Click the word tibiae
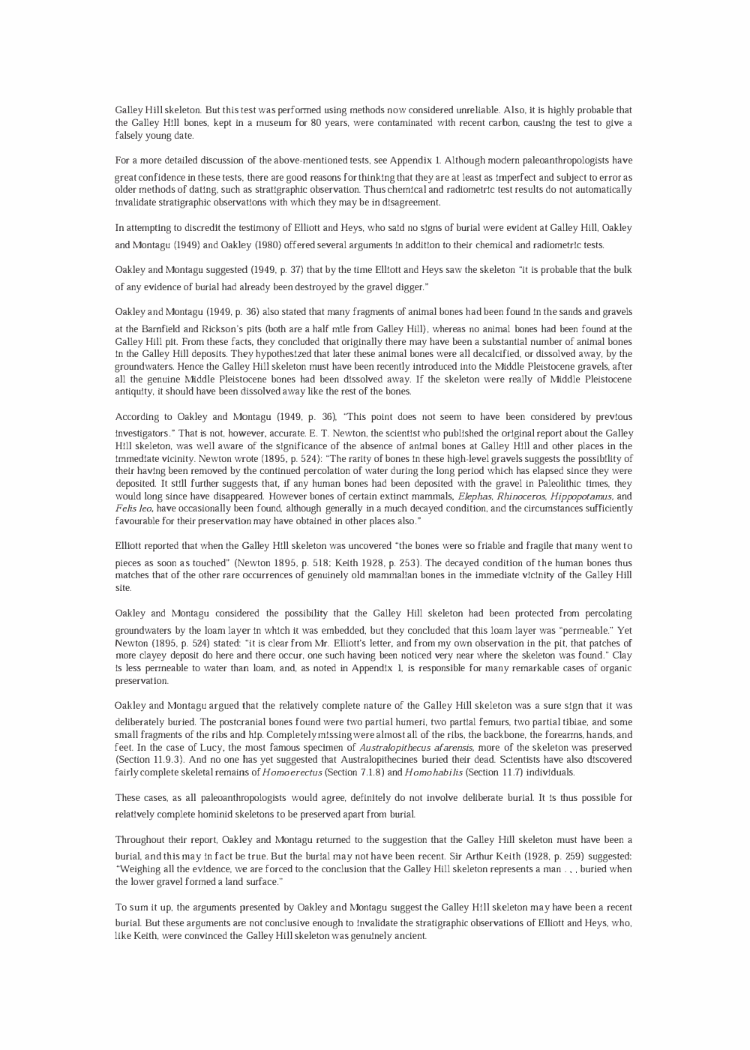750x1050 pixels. click(x=550, y=722)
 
